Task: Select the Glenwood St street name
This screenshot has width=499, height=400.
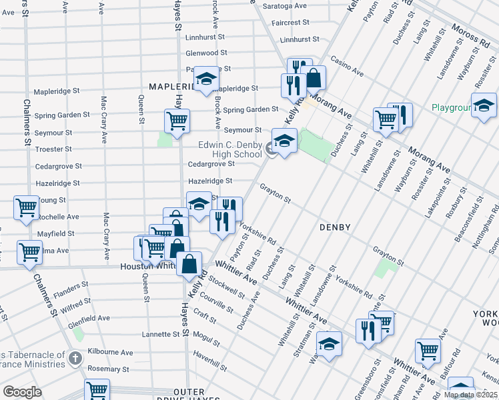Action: pyautogui.click(x=207, y=53)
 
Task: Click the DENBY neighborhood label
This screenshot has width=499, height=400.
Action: pyautogui.click(x=335, y=227)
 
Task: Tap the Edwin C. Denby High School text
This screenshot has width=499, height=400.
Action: pyautogui.click(x=230, y=149)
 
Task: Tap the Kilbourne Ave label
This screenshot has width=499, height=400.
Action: pyautogui.click(x=111, y=352)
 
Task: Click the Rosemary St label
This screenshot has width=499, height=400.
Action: pyautogui.click(x=107, y=369)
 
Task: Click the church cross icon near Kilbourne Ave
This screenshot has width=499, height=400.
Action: pyautogui.click(x=76, y=358)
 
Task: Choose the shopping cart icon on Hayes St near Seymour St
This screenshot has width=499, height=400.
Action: pyautogui.click(x=177, y=121)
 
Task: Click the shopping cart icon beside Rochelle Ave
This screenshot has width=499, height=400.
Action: pyautogui.click(x=26, y=207)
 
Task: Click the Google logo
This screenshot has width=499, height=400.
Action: pyautogui.click(x=22, y=391)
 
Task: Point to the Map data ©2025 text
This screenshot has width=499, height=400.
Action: pyautogui.click(x=471, y=395)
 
